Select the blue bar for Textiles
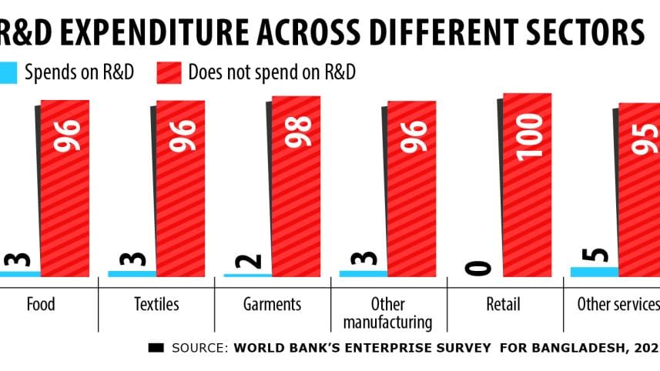131,273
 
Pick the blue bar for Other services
594,271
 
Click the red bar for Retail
528,185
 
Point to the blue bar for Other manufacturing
363,273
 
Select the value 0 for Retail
479,267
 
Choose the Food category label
41,304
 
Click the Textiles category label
156,304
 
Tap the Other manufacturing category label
387,313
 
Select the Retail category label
504,304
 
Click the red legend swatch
169,73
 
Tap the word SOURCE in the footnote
199,348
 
